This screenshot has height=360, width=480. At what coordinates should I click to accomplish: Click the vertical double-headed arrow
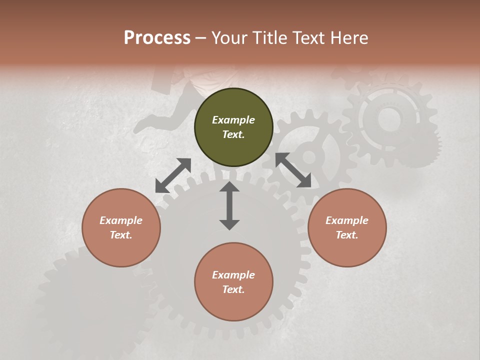tap(229, 205)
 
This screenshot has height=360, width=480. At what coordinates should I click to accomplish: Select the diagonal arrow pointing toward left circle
tap(173, 175)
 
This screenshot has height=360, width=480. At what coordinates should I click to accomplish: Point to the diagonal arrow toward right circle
tap(293, 170)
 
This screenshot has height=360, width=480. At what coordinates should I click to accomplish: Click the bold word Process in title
tap(157, 37)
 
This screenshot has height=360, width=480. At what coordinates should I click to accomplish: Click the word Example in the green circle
tap(233, 120)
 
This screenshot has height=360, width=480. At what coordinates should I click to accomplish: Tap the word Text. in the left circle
tap(121, 235)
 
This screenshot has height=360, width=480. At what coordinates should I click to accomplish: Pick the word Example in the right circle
tap(347, 220)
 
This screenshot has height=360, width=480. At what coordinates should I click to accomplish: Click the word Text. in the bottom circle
tap(233, 289)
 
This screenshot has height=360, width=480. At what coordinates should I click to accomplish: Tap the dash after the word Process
tap(200, 37)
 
